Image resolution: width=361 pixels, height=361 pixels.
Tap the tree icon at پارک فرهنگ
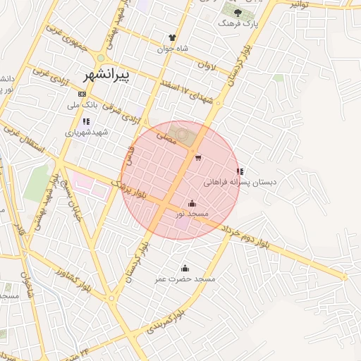[236, 11]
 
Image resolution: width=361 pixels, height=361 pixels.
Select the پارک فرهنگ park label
[235, 23]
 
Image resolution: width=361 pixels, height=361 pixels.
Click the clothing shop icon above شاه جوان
[172, 37]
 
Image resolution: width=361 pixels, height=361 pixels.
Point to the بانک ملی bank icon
[82, 94]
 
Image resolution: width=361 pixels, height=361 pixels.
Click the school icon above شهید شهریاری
[86, 121]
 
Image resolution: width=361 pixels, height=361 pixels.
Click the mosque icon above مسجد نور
[192, 203]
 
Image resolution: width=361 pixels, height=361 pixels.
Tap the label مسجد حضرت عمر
[185, 280]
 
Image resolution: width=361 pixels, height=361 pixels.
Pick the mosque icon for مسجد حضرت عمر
[185, 268]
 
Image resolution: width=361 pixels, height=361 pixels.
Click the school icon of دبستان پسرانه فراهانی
[240, 171]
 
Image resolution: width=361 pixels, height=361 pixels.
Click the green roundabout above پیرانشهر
[101, 58]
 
